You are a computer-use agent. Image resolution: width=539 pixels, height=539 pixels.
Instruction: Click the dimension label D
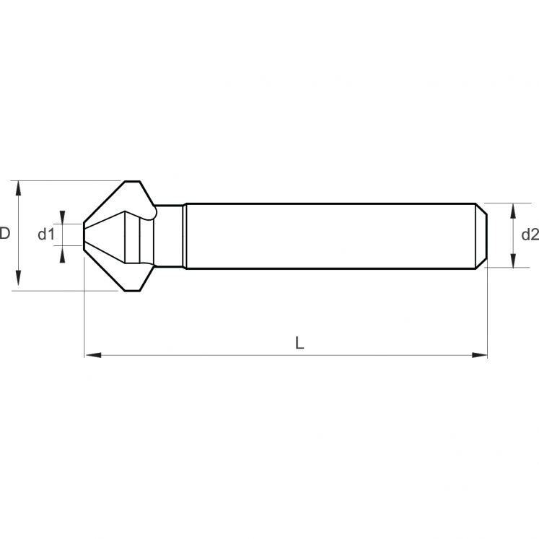tap(5, 233)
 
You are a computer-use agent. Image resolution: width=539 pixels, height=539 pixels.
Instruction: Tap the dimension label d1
tap(46, 235)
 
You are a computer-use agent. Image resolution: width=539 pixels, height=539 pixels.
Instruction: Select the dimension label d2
tap(530, 235)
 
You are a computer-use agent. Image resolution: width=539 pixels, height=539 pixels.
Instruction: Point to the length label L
tap(299, 343)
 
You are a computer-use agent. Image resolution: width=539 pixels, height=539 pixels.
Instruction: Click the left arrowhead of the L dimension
tap(93, 355)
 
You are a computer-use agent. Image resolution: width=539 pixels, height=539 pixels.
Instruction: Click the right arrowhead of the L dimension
tap(479, 355)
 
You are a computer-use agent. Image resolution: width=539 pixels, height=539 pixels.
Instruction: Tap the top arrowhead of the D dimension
tap(19, 188)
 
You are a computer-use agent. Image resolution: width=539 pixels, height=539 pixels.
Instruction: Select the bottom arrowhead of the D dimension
tap(19, 278)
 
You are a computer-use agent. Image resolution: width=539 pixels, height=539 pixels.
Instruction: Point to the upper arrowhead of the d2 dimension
tap(513, 211)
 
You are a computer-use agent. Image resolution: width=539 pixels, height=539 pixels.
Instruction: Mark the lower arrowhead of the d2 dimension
tap(513, 260)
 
